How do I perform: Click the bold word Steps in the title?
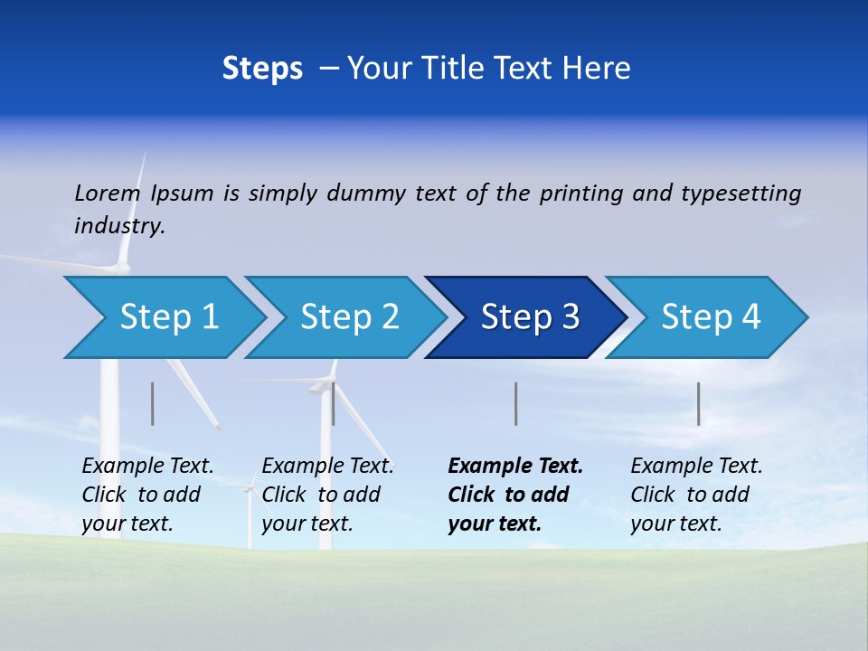pos(262,69)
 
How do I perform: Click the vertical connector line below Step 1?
pos(153,403)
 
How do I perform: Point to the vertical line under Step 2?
pos(334,403)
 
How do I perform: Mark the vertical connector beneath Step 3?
pos(516,403)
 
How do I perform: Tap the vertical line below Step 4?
pos(699,403)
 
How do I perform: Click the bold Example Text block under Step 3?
pos(515,495)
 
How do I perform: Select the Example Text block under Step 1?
pos(147,495)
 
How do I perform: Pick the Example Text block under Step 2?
pos(327,495)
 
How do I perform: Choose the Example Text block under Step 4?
pos(696,495)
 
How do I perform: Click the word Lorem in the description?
pos(108,193)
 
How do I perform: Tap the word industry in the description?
pos(119,226)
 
